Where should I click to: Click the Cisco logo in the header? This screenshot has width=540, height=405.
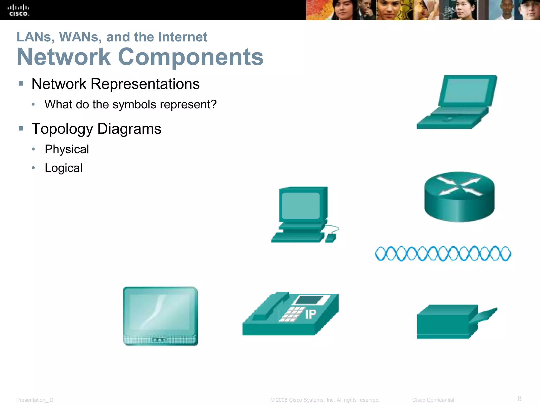(x=18, y=11)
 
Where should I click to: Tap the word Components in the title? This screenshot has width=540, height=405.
(x=191, y=57)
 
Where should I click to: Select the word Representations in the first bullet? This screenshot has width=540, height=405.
(x=145, y=84)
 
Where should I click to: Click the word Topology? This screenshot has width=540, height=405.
(x=62, y=129)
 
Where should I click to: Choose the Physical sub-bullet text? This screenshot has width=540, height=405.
(x=67, y=149)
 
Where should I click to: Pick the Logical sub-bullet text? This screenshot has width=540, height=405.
(x=64, y=168)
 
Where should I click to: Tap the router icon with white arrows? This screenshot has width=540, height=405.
(x=459, y=197)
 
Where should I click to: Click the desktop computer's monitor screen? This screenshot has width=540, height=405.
(x=301, y=206)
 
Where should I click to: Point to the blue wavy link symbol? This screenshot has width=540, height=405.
(x=443, y=254)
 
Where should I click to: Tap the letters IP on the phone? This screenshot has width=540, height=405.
(x=311, y=314)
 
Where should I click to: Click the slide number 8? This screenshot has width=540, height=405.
(x=519, y=398)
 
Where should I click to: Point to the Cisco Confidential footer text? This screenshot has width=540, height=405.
(x=433, y=400)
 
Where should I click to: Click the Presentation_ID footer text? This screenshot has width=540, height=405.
(x=35, y=400)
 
